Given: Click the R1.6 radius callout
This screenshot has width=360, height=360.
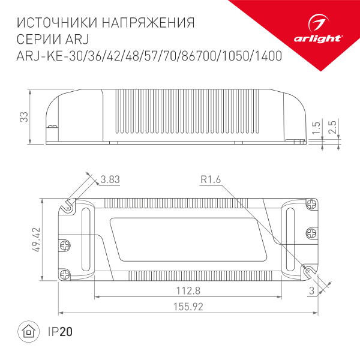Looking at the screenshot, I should point(212,179).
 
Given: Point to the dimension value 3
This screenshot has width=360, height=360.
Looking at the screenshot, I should point(311,291).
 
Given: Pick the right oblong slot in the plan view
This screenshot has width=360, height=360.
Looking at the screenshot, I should point(292,239).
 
